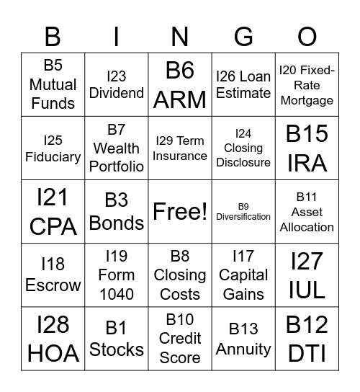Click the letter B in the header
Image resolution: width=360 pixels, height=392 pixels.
pos(53,35)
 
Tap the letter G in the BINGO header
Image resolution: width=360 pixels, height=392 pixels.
pos(243,35)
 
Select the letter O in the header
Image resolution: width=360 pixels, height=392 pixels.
pos(307,35)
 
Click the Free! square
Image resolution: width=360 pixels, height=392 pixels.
pos(180,211)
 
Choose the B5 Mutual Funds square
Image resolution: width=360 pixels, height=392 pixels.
pos(53,84)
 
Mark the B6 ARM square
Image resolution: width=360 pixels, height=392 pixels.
pos(180,84)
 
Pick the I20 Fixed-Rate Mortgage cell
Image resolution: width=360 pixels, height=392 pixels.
pos(307,84)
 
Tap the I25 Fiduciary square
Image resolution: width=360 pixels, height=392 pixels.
pos(53,148)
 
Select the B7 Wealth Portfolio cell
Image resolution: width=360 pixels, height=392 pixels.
pos(117,148)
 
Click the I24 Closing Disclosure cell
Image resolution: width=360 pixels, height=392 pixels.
pos(243,148)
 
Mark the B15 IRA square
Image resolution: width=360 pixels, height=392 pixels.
pos(307,148)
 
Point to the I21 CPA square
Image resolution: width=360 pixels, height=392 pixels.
pos(53,211)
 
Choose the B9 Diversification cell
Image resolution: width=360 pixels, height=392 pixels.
pos(243,211)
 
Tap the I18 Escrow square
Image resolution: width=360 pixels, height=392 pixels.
pos(53,275)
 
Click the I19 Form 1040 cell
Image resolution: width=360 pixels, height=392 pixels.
pos(117,275)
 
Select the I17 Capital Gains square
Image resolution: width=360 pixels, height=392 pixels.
pos(243,275)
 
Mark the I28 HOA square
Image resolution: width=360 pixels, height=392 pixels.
pos(53,338)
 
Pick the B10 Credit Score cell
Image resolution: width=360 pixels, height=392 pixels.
pos(180,338)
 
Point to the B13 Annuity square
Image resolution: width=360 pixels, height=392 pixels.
pos(243,338)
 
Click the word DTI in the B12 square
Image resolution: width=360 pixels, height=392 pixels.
pos(307,353)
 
